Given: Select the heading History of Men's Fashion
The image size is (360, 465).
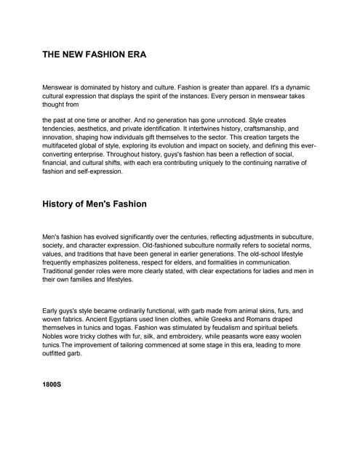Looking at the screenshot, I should (x=95, y=204).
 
